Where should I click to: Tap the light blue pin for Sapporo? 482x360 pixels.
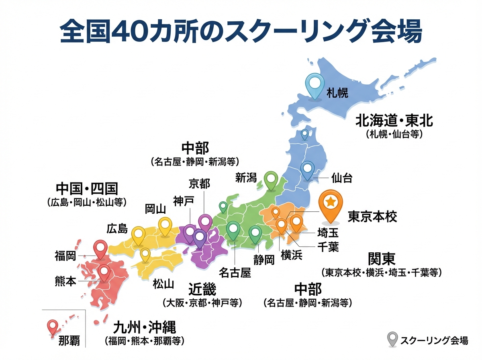click(315, 84)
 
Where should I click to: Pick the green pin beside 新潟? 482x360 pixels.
click(272, 179)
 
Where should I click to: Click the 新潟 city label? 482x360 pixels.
click(246, 178)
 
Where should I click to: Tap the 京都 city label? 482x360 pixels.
click(199, 184)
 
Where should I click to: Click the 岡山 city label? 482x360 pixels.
click(155, 209)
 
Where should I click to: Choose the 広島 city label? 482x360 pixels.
click(117, 229)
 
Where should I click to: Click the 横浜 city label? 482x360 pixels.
click(292, 255)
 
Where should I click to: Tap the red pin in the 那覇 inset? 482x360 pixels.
click(52, 327)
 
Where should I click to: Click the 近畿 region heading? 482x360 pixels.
click(202, 289)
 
